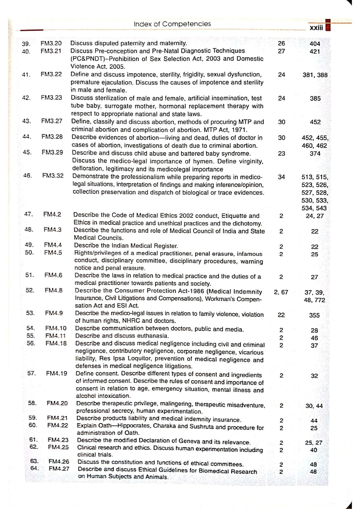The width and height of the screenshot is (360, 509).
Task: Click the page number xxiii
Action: click(x=316, y=28)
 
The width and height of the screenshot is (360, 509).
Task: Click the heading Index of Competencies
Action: click(x=172, y=24)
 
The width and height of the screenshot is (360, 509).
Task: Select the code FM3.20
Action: click(x=51, y=43)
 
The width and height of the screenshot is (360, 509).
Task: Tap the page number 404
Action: click(x=315, y=44)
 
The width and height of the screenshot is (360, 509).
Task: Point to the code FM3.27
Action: click(x=52, y=121)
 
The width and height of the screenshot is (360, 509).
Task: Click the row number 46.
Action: click(x=28, y=175)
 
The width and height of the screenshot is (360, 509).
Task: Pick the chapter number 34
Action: click(x=281, y=177)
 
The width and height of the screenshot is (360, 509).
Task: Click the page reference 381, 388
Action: click(x=315, y=75)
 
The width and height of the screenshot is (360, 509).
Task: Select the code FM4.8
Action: click(x=54, y=290)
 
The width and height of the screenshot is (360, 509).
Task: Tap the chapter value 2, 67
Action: click(x=281, y=292)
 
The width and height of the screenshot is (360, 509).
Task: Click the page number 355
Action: click(x=314, y=315)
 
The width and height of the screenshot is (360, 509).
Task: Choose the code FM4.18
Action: click(x=56, y=343)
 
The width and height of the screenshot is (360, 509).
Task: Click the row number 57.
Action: click(x=31, y=373)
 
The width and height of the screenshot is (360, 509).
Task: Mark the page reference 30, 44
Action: click(x=314, y=406)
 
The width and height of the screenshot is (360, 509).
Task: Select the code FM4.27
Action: click(x=59, y=469)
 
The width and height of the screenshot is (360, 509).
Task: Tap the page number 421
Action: click(x=315, y=52)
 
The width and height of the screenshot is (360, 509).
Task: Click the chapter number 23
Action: click(x=281, y=153)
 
